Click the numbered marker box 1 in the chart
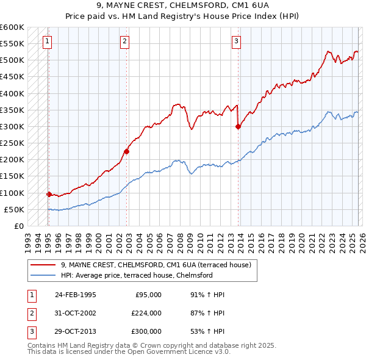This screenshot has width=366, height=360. point(48,41)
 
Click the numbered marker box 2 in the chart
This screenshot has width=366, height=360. point(124,41)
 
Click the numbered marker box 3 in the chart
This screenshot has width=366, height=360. point(236,41)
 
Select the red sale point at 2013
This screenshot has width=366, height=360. point(238,127)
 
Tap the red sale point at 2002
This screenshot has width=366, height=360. point(127,152)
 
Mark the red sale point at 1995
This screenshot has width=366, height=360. point(49,195)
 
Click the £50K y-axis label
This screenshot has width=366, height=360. point(15,209)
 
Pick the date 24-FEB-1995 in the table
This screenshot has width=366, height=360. point(75,295)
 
